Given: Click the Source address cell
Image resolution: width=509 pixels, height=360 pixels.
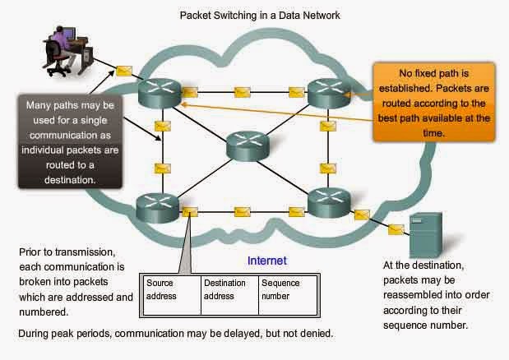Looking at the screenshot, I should [x=171, y=289].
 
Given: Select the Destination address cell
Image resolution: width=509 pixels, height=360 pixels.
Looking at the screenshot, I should [x=228, y=289].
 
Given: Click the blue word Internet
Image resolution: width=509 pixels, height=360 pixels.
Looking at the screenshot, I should [x=267, y=261].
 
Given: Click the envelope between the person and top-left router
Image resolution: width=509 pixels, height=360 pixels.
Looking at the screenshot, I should [x=124, y=71].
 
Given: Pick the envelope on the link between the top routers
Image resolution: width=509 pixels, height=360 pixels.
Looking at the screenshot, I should [x=243, y=90].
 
